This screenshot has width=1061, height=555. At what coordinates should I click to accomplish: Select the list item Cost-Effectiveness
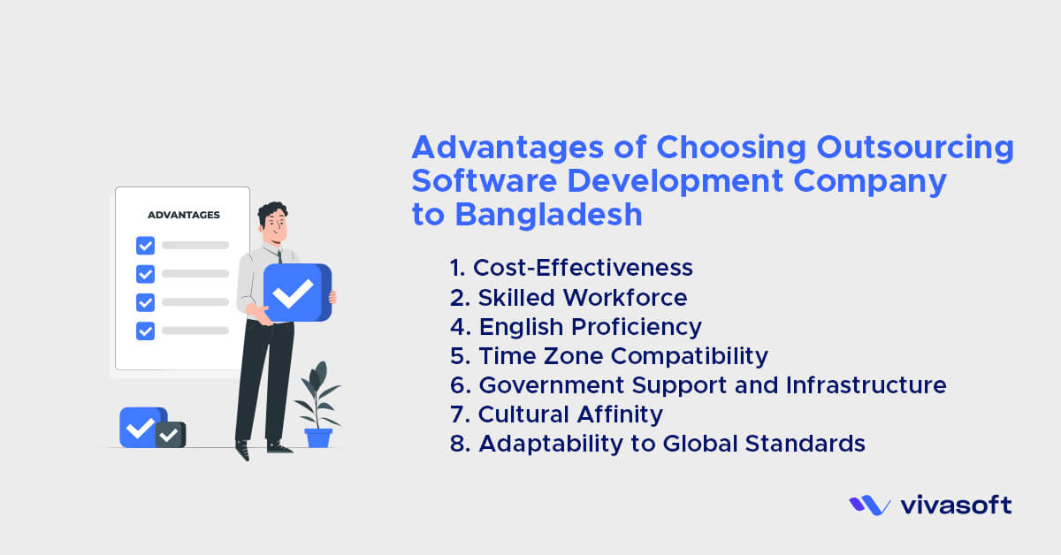(583, 268)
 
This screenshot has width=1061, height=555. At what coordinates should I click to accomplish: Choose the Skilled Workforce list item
(583, 297)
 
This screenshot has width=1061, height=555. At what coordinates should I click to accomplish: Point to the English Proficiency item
(590, 327)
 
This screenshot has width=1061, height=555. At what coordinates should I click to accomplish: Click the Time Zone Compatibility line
(623, 356)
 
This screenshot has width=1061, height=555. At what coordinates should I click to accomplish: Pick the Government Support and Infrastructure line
(712, 385)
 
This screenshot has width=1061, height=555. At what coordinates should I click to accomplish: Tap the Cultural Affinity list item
(570, 414)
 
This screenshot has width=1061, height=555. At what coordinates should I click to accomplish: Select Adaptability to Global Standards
(671, 444)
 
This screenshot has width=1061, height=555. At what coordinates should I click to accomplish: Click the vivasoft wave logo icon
(869, 506)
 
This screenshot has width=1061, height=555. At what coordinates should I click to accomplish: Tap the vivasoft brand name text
(956, 506)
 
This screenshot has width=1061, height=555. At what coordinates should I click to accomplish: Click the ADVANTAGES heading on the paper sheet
(184, 215)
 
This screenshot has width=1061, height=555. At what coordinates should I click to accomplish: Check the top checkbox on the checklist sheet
(145, 245)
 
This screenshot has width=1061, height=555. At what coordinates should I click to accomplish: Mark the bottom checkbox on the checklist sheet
(145, 331)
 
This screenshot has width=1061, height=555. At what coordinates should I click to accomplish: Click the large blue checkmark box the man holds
(296, 293)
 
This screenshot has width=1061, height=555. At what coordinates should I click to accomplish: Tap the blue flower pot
(318, 437)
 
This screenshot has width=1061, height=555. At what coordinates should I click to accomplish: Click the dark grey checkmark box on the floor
(171, 435)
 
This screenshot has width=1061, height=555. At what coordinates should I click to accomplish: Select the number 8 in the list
(459, 445)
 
